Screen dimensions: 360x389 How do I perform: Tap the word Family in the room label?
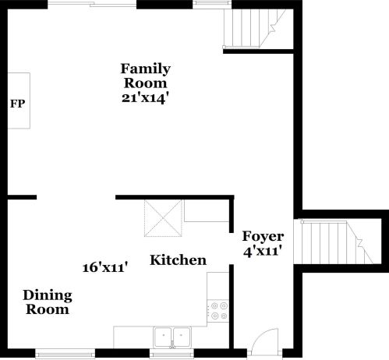coord(145,69)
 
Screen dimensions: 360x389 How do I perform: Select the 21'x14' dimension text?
coord(145,98)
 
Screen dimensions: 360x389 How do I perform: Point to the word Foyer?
coord(263,236)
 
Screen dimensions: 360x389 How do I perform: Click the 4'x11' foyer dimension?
coord(263,251)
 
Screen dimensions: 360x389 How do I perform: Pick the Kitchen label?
coord(178,260)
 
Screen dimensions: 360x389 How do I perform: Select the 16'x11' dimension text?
coord(105,267)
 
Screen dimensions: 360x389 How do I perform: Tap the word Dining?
coord(47,295)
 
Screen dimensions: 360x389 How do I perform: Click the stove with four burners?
coord(219,311)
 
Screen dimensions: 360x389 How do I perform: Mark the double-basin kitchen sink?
coord(172,336)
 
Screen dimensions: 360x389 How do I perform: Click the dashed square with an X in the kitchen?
coord(164,218)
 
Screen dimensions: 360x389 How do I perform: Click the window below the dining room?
coord(66,355)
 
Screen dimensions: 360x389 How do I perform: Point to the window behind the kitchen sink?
coord(172,355)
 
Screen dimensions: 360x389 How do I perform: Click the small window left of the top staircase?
coord(207,4)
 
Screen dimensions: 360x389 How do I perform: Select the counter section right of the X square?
coord(207,211)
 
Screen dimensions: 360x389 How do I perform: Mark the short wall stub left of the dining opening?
coord(22,197)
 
